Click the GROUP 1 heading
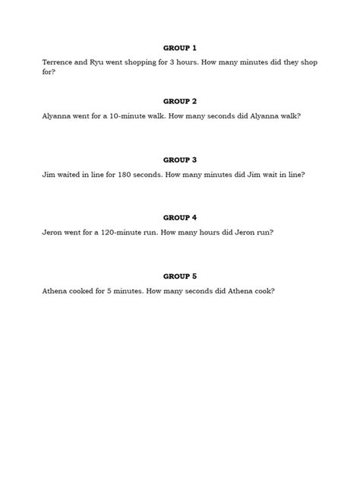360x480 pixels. (180, 47)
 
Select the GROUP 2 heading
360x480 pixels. (180, 101)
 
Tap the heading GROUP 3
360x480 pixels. (180, 159)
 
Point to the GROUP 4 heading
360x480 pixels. (180, 217)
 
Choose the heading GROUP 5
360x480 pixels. (180, 276)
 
